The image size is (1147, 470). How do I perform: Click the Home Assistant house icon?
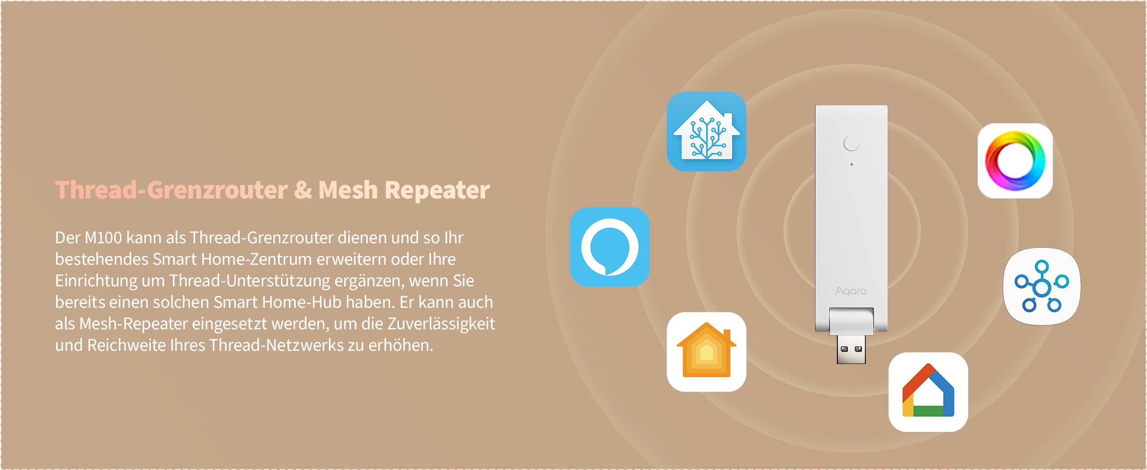(x=707, y=131)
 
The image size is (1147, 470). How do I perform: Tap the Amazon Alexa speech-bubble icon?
(x=610, y=247)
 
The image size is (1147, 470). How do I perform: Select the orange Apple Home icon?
(x=707, y=352)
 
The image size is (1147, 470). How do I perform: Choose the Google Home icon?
(x=928, y=392)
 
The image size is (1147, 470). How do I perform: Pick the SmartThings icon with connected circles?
(x=1042, y=286)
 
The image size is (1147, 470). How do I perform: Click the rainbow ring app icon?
(x=1015, y=161)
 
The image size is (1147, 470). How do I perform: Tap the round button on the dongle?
(x=851, y=143)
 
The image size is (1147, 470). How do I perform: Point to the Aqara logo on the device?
(x=851, y=291)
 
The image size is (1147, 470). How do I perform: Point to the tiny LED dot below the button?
(x=851, y=164)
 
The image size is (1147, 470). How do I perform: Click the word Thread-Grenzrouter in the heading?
(x=171, y=190)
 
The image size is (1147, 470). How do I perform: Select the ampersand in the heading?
(x=303, y=190)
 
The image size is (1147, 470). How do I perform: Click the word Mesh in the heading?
(x=348, y=190)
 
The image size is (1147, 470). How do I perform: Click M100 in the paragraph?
(x=103, y=237)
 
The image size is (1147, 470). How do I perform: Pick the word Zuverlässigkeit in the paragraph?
(x=441, y=323)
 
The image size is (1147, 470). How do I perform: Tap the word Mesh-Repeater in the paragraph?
(x=134, y=323)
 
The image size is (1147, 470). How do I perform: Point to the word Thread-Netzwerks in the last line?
(x=276, y=345)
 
